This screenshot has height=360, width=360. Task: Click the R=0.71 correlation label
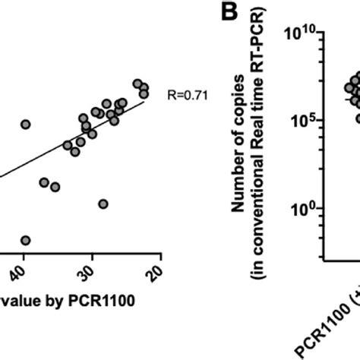(x=185, y=96)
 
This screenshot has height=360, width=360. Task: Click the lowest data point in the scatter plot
(x=26, y=240)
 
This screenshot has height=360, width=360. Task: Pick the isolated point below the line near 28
(x=103, y=204)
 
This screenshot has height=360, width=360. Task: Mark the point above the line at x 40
(x=26, y=124)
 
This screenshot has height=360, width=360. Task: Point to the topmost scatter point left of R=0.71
(x=137, y=84)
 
